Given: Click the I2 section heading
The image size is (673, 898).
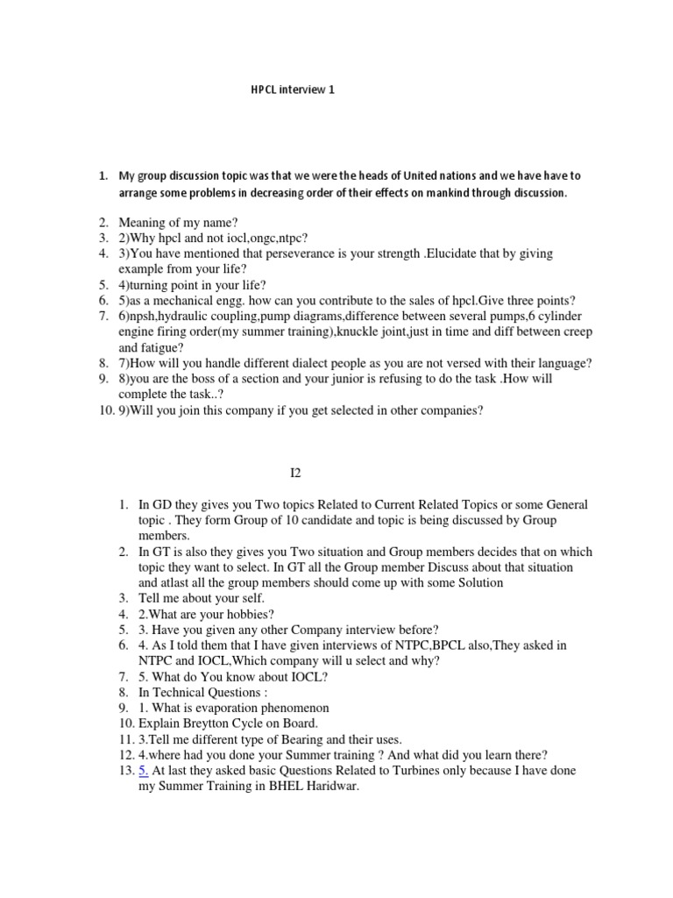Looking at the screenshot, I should [x=295, y=474].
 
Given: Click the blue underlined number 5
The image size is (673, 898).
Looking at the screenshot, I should [x=145, y=770].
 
